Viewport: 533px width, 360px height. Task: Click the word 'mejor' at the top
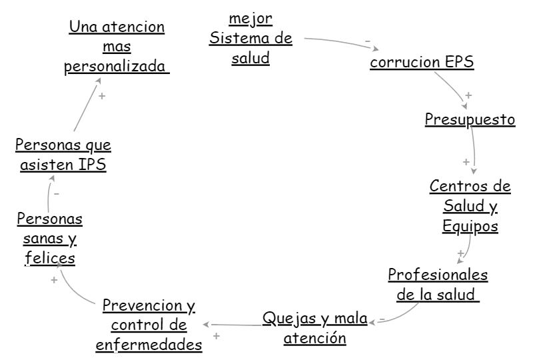251,19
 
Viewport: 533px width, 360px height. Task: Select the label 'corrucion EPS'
422,62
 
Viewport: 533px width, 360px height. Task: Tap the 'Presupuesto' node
470,119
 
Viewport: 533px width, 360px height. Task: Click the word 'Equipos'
470,226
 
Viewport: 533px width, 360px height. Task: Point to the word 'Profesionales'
438,275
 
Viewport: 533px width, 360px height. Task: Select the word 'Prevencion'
143,305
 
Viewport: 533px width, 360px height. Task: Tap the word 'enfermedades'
149,345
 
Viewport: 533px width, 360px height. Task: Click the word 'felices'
50,257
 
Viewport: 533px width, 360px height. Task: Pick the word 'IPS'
92,165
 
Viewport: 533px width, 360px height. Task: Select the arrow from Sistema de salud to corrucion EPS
342,42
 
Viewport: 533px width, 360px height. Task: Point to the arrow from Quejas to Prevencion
232,325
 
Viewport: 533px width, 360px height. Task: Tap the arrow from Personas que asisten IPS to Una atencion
87,105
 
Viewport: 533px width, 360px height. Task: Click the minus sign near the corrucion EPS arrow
368,41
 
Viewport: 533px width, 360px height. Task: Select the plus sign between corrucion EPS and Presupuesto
468,95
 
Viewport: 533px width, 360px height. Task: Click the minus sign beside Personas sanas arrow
57,194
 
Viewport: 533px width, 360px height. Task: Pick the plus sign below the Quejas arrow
216,336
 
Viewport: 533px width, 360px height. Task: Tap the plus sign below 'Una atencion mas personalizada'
102,96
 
